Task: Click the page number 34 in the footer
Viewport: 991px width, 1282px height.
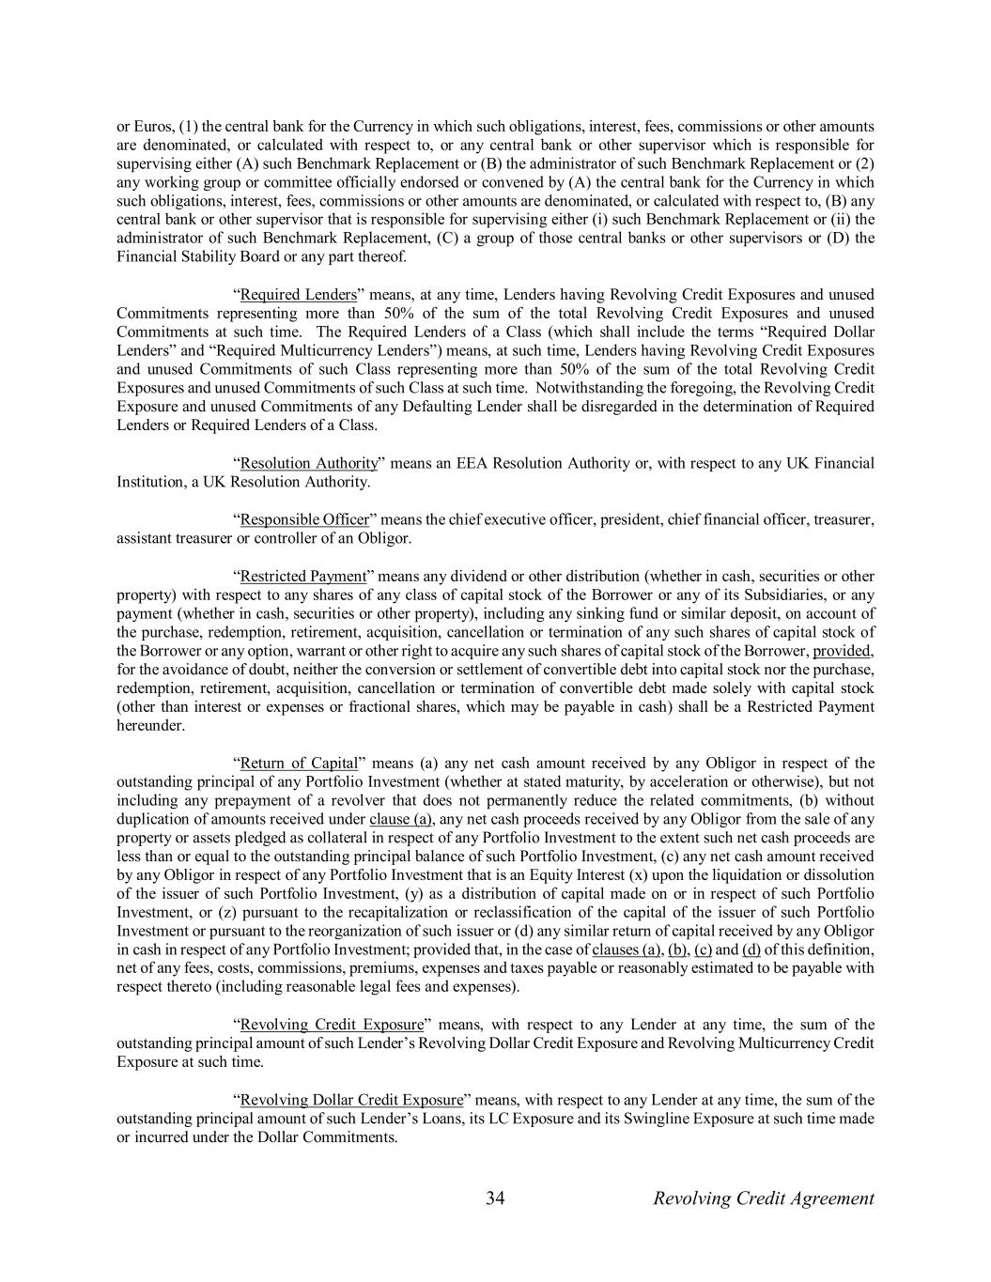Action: pyautogui.click(x=496, y=1198)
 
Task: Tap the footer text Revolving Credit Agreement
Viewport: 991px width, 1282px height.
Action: pyautogui.click(x=763, y=1198)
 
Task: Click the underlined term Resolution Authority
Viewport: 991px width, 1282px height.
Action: pyautogui.click(x=309, y=464)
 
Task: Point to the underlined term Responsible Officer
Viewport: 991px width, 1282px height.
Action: pyautogui.click(x=304, y=520)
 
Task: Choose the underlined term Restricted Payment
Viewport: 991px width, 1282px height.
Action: pyautogui.click(x=302, y=577)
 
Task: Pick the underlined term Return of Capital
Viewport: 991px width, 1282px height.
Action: pyautogui.click(x=299, y=764)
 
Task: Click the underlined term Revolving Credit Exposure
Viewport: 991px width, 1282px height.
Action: pyautogui.click(x=332, y=1026)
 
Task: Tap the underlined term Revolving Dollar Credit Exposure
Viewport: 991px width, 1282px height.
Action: pyautogui.click(x=351, y=1101)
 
